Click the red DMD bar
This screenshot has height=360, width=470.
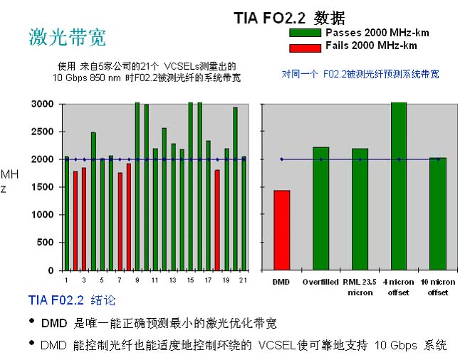pyautogui.click(x=281, y=230)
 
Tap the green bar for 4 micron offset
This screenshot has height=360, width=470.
pyautogui.click(x=399, y=186)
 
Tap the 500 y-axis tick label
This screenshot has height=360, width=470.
pyautogui.click(x=46, y=243)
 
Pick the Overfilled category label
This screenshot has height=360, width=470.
pyautogui.click(x=320, y=282)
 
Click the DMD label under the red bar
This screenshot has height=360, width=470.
pyautogui.click(x=281, y=282)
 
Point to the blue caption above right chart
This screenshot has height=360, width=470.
pyautogui.click(x=360, y=73)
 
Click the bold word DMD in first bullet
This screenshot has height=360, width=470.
pyautogui.click(x=53, y=324)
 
